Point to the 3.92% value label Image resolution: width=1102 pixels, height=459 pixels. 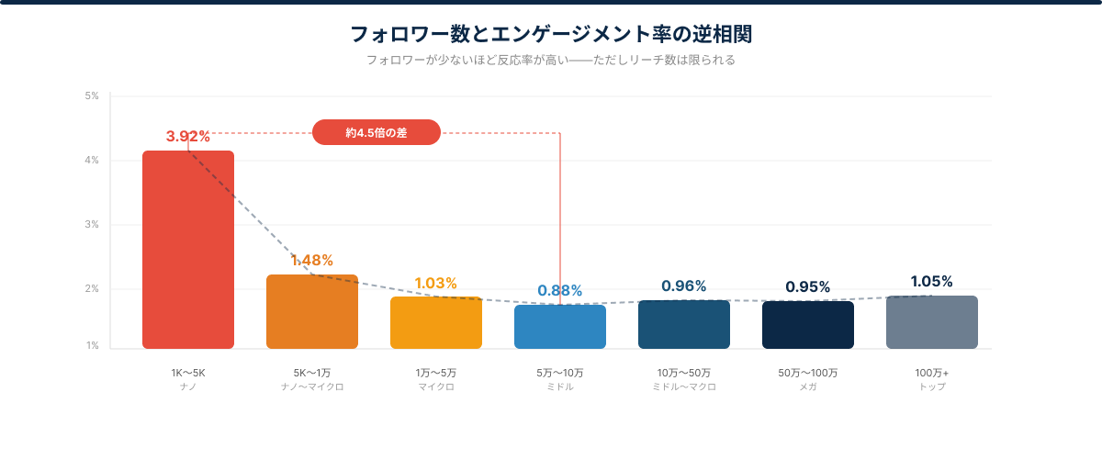(x=188, y=137)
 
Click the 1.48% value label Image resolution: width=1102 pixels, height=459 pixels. (x=312, y=261)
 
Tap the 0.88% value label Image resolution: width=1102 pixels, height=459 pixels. (x=560, y=291)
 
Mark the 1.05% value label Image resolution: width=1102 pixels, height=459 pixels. (x=932, y=282)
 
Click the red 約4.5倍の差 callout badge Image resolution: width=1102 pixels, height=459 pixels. (x=377, y=133)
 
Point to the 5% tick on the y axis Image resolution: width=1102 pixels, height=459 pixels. (x=92, y=95)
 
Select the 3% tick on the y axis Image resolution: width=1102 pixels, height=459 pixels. (x=92, y=225)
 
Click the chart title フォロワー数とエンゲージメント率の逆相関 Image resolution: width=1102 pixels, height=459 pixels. (x=551, y=35)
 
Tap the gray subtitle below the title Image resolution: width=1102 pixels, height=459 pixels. (x=551, y=61)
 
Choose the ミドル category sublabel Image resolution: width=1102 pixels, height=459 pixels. (x=560, y=387)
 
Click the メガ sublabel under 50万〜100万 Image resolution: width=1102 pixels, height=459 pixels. (x=808, y=387)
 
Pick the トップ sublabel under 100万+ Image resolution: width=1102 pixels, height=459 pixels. (x=932, y=387)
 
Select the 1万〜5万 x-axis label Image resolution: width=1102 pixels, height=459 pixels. (x=436, y=374)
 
